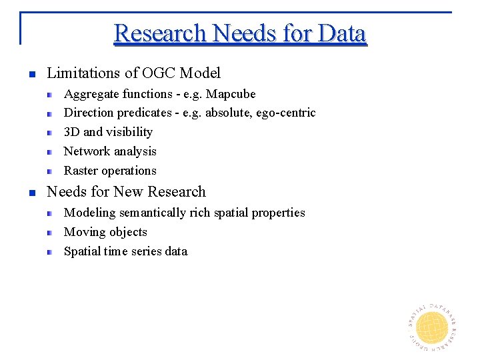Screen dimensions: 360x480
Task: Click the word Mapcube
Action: point(231,94)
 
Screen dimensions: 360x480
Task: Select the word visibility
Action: point(131,132)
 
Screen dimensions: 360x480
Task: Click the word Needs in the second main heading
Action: point(67,192)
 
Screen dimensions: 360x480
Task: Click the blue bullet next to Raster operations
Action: point(50,171)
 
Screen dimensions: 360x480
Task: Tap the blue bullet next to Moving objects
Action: point(50,233)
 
